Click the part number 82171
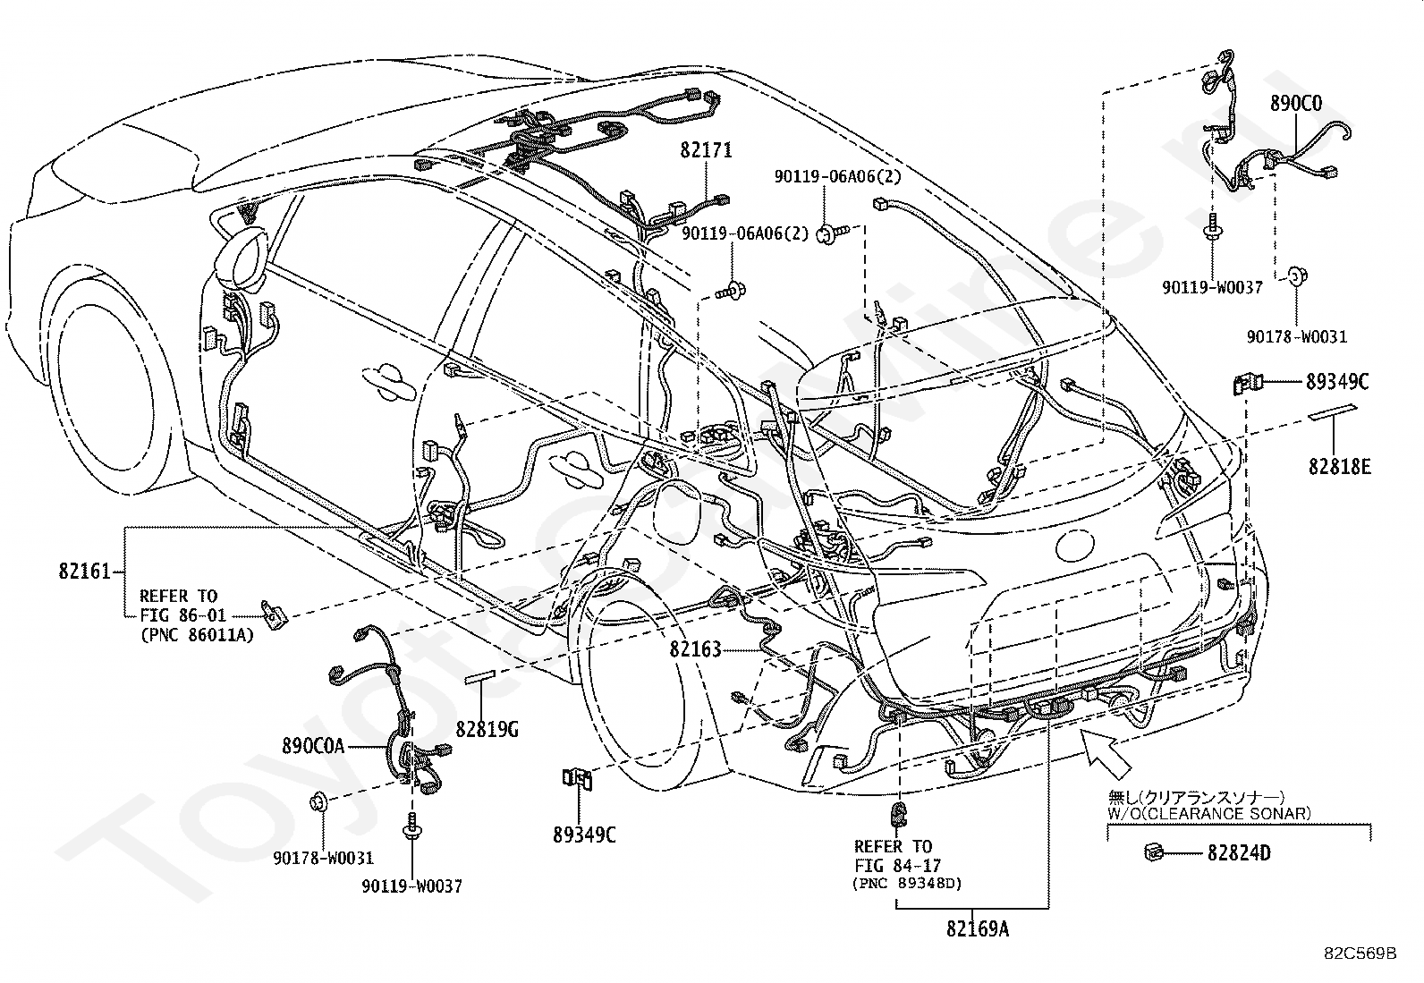(706, 150)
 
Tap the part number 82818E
(1339, 466)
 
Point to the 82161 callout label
(84, 571)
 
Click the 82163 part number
(695, 649)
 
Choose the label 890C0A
(313, 746)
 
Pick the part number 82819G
(487, 730)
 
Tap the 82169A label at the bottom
(978, 928)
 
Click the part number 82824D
(1238, 852)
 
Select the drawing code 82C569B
(1360, 953)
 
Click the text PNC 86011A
(197, 634)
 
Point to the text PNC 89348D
(907, 883)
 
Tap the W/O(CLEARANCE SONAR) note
(1209, 814)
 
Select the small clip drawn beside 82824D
(1154, 852)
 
